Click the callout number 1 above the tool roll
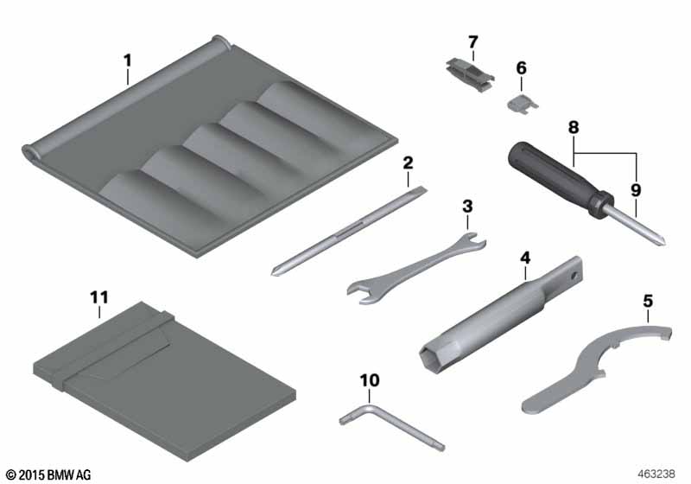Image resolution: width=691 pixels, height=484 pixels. pos(127,60)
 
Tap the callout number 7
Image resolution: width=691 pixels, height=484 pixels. pos(472,41)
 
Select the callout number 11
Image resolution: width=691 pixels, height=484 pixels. pos(99,297)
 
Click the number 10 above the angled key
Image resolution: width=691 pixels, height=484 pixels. pos(370,380)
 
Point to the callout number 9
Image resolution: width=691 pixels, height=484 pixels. pos(636,190)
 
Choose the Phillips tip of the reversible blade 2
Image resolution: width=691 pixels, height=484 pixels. pos(276,271)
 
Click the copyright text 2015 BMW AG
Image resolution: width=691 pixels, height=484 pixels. pos(49,475)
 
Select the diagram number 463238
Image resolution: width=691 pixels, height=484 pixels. pos(656,474)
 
